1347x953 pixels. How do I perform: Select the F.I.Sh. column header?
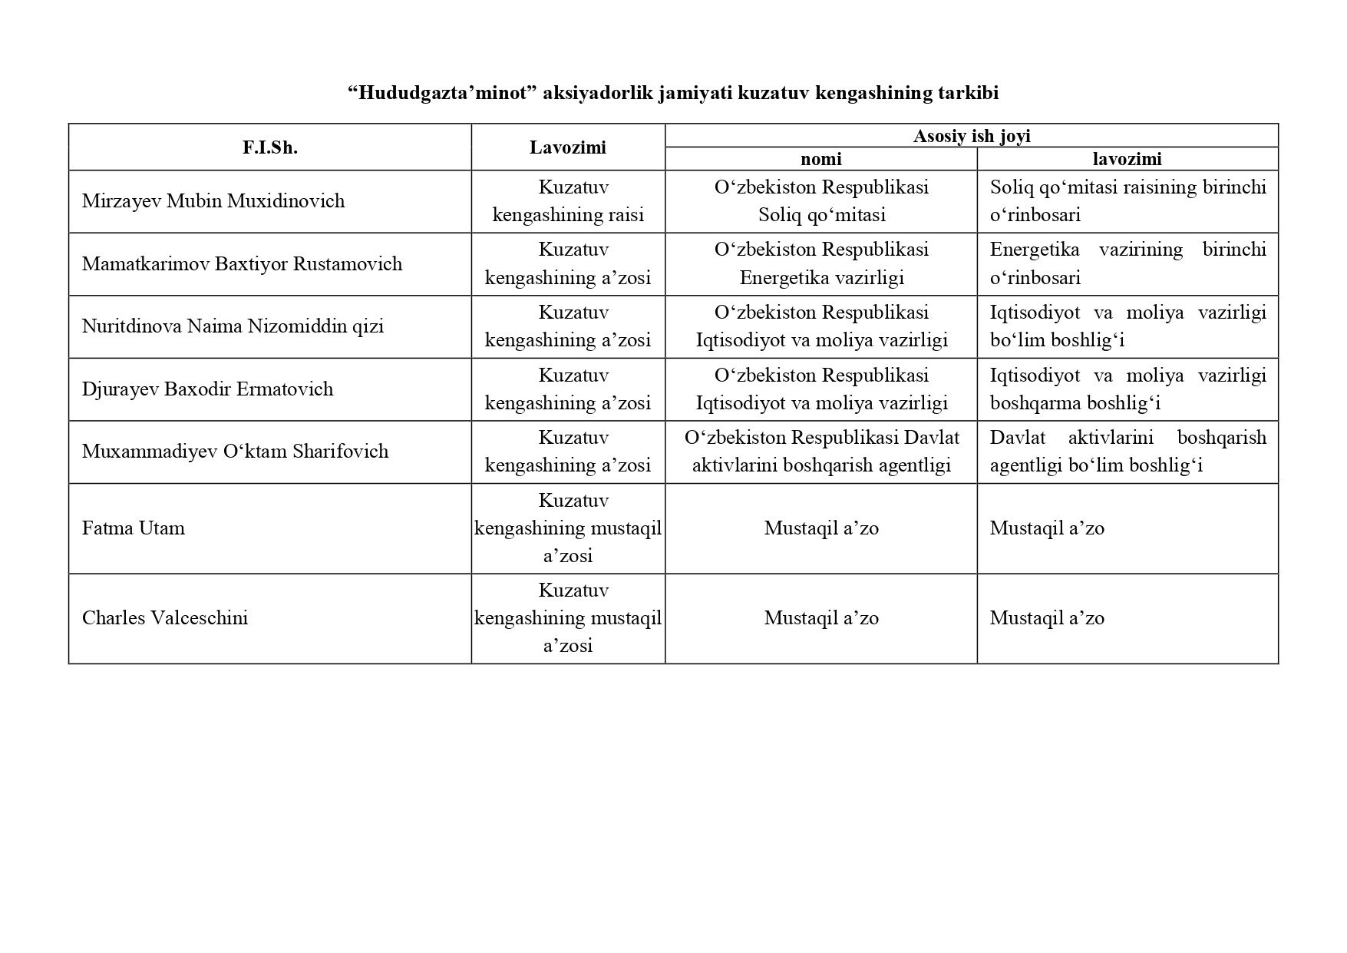270,147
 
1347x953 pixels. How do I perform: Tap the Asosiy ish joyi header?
971,136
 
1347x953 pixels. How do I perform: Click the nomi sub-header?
820,159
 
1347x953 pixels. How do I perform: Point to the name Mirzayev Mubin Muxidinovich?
213,201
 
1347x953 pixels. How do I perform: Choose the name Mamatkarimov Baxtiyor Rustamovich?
242,264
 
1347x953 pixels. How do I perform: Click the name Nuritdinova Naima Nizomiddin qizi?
233,326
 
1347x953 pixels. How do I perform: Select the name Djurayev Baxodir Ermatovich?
207,389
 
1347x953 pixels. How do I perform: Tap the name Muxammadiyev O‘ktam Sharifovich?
235,452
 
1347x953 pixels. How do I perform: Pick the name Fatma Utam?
134,528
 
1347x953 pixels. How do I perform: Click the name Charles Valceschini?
165,618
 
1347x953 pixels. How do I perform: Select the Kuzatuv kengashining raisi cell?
568,201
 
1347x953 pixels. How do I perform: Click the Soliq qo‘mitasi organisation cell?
821,201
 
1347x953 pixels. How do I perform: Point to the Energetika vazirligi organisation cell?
821,264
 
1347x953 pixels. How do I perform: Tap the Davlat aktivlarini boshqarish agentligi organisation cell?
821,452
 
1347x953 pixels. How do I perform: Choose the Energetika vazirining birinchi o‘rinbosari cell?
1127,264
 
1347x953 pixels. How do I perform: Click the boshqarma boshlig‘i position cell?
1127,389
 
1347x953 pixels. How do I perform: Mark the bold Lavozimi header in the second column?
568,147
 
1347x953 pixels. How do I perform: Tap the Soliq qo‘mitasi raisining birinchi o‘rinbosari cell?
1127,201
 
